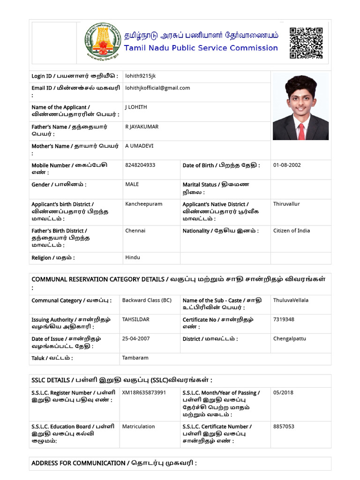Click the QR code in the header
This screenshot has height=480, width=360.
pos(306,43)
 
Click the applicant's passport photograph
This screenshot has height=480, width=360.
pos(300,106)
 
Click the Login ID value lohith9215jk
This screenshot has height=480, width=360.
pos(141,76)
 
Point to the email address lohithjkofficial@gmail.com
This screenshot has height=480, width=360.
pos(157,88)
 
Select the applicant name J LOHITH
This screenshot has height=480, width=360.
pos(136,107)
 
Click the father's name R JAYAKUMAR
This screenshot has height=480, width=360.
pos(142,127)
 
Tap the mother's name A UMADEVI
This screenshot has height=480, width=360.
pos(139,146)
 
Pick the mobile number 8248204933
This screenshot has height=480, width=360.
pos(140,165)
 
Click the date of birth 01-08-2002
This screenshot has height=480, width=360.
pos(287,165)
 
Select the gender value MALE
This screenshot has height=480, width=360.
pos(132,184)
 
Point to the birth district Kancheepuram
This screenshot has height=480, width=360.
pos(143,204)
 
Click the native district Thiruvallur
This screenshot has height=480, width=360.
pos(286,204)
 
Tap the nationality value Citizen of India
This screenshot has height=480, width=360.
pos(292,231)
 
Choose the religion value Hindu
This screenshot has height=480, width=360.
pos(133,257)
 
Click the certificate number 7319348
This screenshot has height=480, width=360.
pos(284,319)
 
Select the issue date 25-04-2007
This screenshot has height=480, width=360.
pos(136,338)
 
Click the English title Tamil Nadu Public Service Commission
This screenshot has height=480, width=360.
pos(201,48)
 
